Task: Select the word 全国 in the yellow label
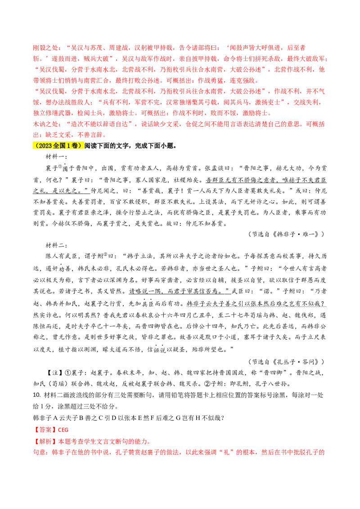coord(59,146)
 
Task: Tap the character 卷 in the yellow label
coord(75,146)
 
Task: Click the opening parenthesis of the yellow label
coord(36,146)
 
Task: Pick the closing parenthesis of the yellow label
coord(81,146)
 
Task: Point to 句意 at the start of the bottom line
coord(38,452)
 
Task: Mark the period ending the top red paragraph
coord(105,134)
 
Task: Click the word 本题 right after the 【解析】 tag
coord(63,442)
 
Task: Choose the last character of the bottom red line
coord(323,452)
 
